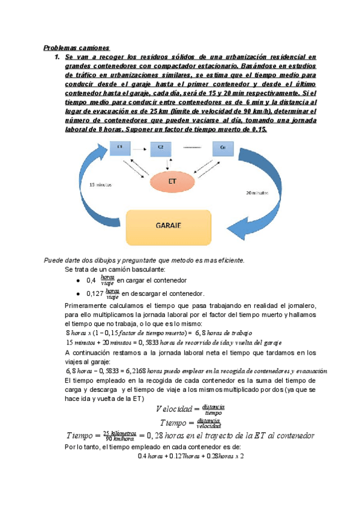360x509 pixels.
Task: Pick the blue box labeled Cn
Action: [x=223, y=146]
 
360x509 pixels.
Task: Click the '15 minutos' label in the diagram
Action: [x=101, y=185]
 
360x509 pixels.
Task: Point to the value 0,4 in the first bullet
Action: [x=91, y=280]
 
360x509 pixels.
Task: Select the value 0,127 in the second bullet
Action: [x=94, y=294]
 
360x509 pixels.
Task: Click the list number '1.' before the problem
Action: [x=57, y=56]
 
